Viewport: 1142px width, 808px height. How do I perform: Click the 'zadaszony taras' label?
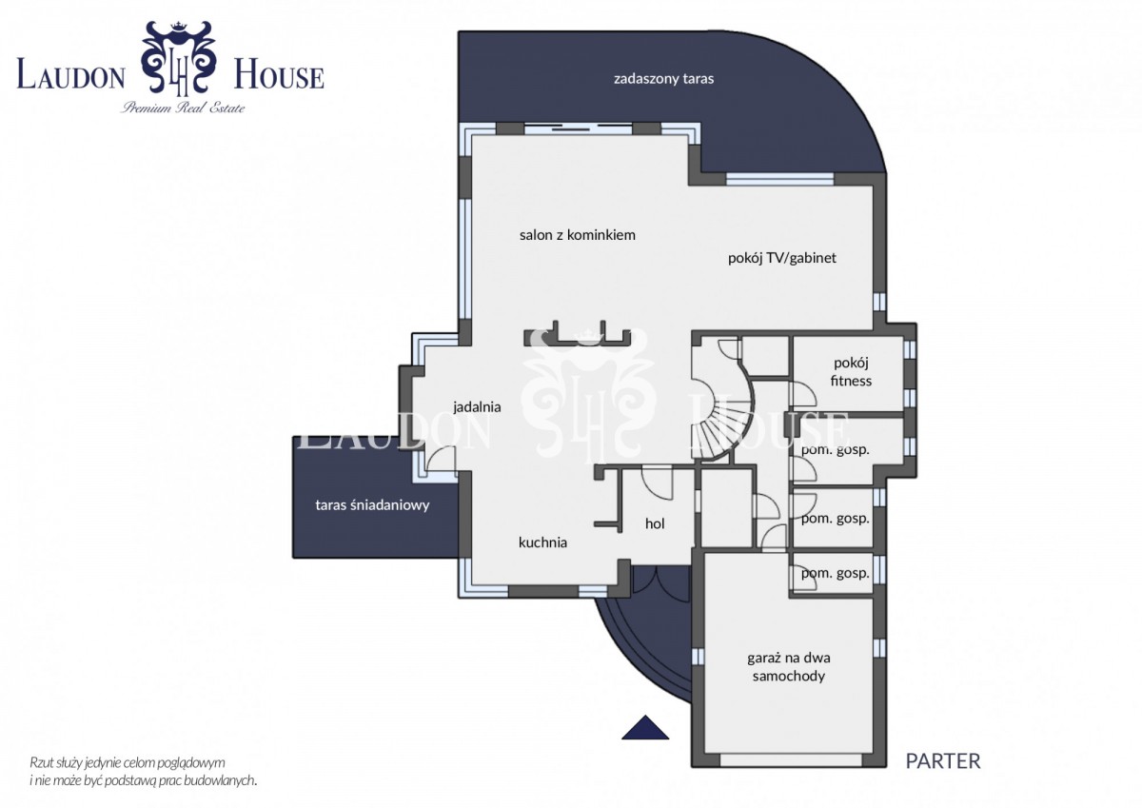(x=663, y=79)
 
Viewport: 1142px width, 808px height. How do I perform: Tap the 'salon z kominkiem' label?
(x=577, y=235)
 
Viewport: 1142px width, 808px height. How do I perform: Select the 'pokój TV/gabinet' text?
(x=782, y=258)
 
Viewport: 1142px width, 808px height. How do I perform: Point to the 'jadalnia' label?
(x=477, y=406)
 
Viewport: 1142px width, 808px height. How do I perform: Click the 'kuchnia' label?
(x=542, y=542)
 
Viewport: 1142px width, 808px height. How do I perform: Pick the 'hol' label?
(x=655, y=523)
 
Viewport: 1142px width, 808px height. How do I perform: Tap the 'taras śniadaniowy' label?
(x=372, y=505)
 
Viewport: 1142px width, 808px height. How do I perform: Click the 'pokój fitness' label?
(x=851, y=371)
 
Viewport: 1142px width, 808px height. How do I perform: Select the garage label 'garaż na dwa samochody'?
(x=789, y=667)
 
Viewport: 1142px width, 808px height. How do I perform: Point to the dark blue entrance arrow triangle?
(x=645, y=727)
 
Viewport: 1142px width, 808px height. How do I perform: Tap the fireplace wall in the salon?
(x=577, y=336)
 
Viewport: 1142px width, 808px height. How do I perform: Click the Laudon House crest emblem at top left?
(x=179, y=57)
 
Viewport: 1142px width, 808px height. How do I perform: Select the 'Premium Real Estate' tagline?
(x=183, y=108)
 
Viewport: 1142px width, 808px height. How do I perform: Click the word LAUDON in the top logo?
(x=70, y=75)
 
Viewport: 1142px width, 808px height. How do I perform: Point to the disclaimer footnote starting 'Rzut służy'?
(x=144, y=771)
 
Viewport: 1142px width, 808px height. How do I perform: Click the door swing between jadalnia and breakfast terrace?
(x=440, y=458)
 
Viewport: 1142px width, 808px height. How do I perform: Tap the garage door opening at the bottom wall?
(x=791, y=775)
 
